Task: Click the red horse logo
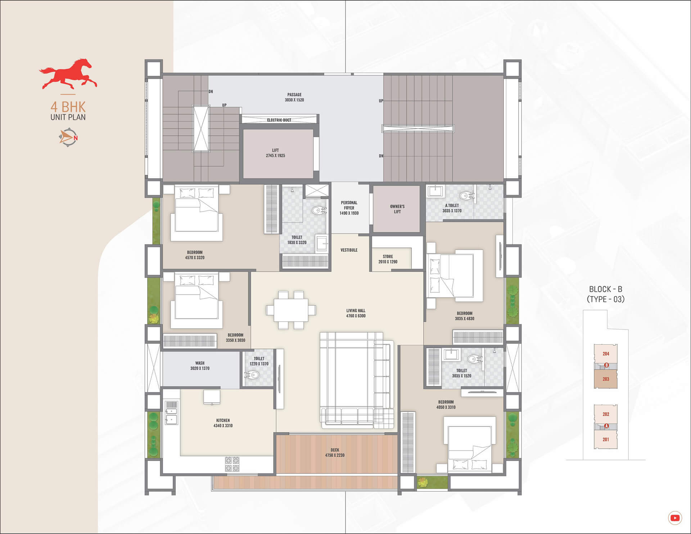68,74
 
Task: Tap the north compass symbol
68,138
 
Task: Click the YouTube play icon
675,518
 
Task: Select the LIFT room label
275,150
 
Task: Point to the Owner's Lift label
397,209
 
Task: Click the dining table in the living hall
291,310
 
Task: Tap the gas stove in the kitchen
232,464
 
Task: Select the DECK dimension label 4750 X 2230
335,456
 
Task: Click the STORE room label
388,257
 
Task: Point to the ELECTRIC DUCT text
279,120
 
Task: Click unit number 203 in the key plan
606,379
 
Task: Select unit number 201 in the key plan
606,439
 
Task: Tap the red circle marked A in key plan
606,426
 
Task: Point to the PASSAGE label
294,95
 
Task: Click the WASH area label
200,363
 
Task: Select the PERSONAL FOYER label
349,205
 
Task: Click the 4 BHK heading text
68,107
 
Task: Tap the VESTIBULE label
349,250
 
